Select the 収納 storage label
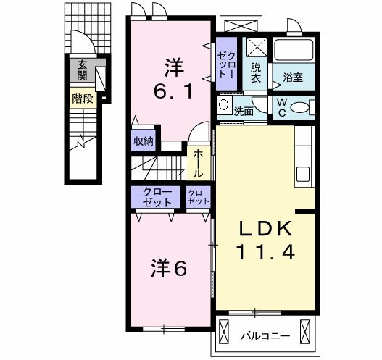143,141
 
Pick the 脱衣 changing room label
256,73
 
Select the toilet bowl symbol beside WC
299,109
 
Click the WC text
280,108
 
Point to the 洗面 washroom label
244,111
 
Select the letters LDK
267,229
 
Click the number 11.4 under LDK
267,253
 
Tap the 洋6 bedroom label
170,269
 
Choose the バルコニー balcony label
265,336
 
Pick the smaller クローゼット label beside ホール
199,196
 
